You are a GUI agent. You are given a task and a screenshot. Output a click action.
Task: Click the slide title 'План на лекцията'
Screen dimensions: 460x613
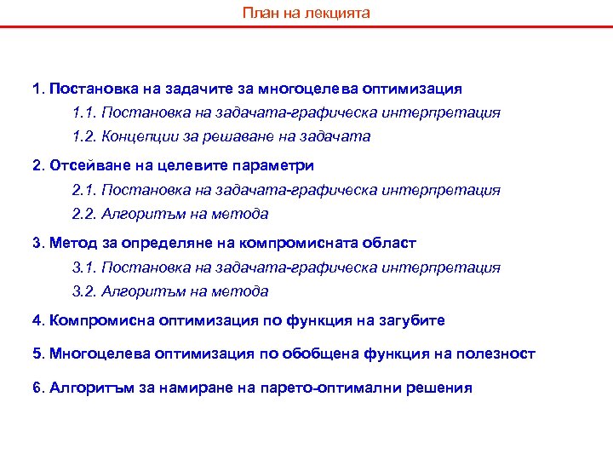[x=306, y=14]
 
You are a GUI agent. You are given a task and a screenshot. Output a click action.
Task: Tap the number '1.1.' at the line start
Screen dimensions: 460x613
[x=85, y=112]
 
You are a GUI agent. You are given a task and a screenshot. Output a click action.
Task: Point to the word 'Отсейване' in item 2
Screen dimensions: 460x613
[x=83, y=164]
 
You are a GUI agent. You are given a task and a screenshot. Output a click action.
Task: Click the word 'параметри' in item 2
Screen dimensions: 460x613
[x=278, y=164]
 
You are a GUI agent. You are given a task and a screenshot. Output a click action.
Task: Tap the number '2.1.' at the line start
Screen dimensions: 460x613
[x=85, y=190]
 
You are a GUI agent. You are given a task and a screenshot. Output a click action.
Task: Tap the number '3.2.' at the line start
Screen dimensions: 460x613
[x=85, y=291]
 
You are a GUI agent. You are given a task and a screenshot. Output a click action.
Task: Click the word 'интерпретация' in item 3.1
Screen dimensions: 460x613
[x=450, y=267]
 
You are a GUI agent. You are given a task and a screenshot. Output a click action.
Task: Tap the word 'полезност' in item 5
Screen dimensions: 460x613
[x=499, y=354]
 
